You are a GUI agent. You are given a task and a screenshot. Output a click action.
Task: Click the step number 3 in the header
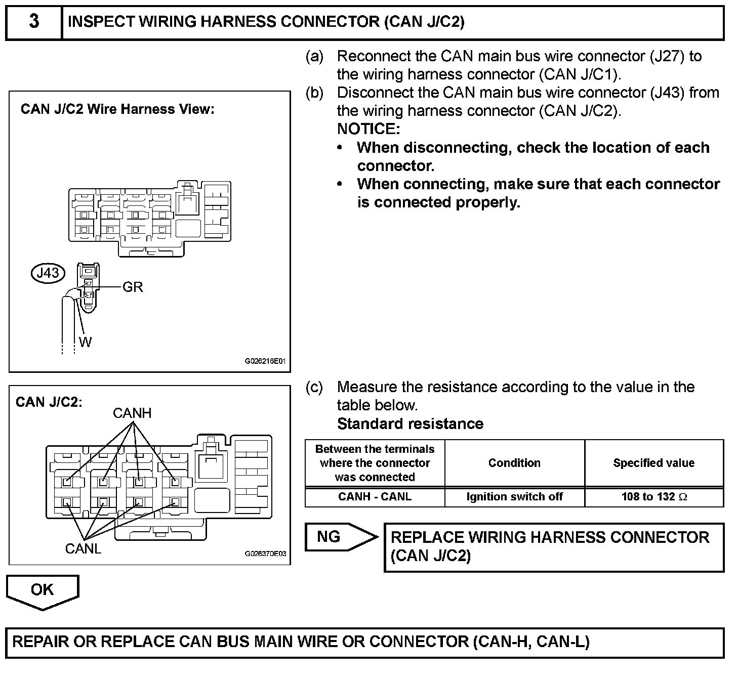[x=34, y=22]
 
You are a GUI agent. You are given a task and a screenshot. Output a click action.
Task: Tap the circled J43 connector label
[x=49, y=273]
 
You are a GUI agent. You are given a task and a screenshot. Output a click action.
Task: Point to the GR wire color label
[x=133, y=287]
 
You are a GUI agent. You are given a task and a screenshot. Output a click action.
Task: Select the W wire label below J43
[x=85, y=343]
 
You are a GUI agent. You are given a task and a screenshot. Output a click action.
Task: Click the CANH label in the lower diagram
[x=132, y=413]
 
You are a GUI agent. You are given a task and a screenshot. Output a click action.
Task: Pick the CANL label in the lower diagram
[x=83, y=548]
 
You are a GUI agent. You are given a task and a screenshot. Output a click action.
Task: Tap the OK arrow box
[x=43, y=590]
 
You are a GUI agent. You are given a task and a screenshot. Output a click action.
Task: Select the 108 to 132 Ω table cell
[x=654, y=497]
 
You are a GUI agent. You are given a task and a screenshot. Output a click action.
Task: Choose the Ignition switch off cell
[x=514, y=497]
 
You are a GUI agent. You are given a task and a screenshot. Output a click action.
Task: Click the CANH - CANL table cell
[x=375, y=497]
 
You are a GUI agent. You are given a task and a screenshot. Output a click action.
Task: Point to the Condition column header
[x=514, y=463]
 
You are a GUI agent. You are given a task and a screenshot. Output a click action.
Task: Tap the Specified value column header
[x=654, y=463]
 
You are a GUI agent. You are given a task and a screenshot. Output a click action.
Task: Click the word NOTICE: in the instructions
[x=368, y=129]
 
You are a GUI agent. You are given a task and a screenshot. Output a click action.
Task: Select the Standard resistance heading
[x=410, y=423]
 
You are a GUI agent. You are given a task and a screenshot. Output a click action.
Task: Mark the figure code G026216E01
[x=265, y=362]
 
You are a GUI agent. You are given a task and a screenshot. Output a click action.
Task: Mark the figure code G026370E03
[x=265, y=553]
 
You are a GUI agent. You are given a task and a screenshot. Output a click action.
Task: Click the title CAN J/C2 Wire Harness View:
[x=117, y=109]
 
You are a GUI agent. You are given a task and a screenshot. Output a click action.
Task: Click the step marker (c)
[x=314, y=388]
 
